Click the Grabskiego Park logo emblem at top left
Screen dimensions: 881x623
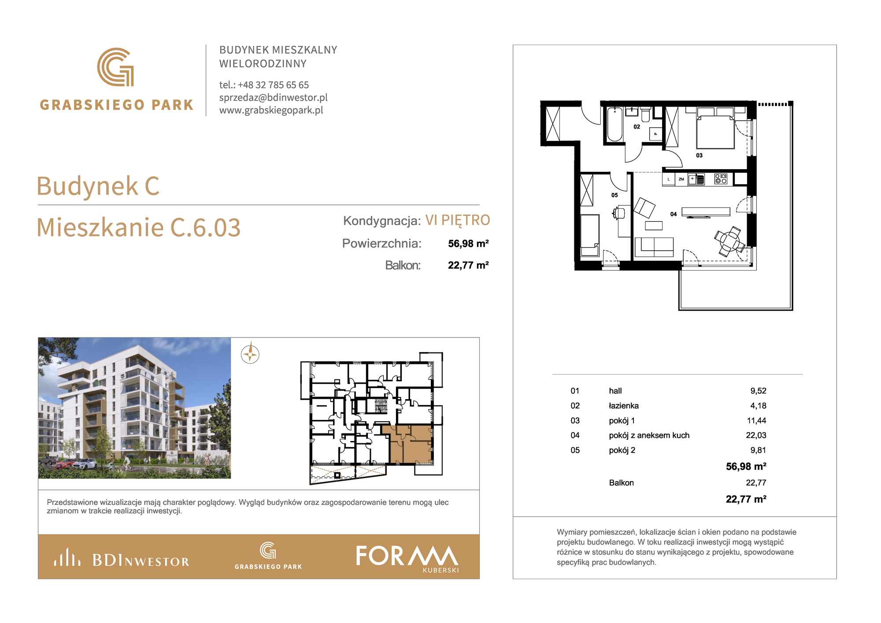(115, 67)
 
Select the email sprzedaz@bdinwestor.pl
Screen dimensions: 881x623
(274, 97)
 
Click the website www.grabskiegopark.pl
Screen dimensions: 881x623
(271, 110)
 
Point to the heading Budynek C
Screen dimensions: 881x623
(98, 185)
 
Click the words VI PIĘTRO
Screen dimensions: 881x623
(458, 220)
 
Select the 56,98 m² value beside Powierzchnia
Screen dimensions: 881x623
(468, 244)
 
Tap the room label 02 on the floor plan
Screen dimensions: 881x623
(637, 127)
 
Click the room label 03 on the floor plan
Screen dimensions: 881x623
(699, 156)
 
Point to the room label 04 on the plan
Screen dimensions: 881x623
(674, 214)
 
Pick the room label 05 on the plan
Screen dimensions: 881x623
(614, 195)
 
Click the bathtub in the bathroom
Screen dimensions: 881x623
(615, 124)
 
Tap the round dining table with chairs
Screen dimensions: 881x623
(729, 241)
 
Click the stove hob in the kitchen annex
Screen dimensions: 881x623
(721, 179)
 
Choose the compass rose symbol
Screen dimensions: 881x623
(250, 354)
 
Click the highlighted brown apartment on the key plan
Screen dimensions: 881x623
(410, 445)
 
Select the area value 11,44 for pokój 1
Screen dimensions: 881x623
(756, 421)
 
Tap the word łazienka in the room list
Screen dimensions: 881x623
(624, 406)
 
